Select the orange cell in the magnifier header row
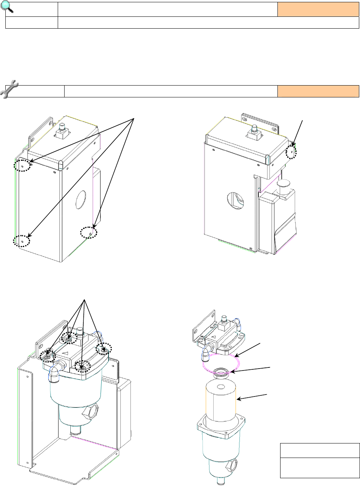(x=318, y=9)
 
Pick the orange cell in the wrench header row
(x=318, y=91)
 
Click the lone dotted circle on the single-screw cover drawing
(x=292, y=152)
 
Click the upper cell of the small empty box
(x=319, y=450)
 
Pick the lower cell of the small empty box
(x=319, y=468)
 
